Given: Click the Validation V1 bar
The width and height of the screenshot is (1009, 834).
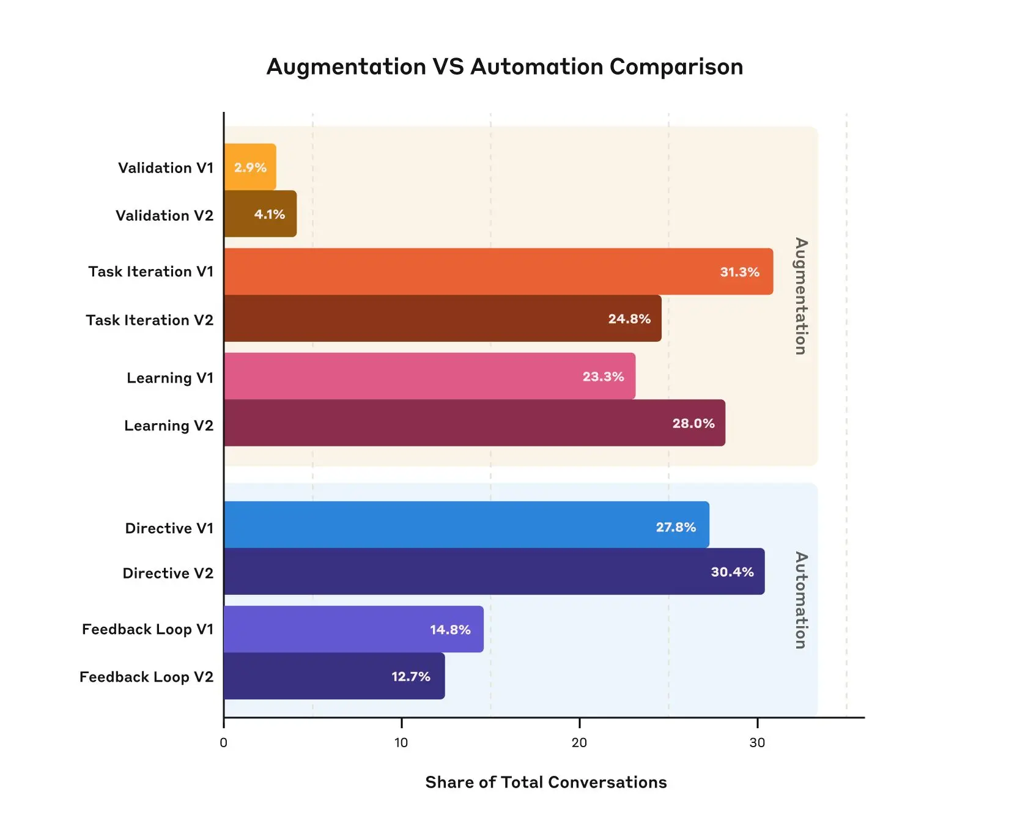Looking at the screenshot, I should [x=250, y=167].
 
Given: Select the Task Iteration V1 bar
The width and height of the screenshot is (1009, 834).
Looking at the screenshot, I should [x=498, y=271].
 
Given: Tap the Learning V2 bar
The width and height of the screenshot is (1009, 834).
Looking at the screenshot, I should [x=474, y=423].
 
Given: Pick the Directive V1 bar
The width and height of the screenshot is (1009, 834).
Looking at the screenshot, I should [x=466, y=525].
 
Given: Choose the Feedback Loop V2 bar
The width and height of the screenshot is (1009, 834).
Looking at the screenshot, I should [x=334, y=676].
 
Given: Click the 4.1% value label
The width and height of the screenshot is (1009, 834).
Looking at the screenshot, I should [x=270, y=215].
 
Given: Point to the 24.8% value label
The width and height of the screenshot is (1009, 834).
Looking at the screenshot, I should [x=629, y=319].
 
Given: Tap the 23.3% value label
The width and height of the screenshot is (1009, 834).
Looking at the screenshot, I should [x=603, y=377].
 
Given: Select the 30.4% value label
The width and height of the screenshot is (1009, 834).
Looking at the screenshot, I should [x=732, y=572].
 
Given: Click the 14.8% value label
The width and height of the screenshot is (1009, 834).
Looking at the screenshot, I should [x=450, y=630].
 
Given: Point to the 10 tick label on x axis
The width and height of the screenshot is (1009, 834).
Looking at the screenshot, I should [x=401, y=743].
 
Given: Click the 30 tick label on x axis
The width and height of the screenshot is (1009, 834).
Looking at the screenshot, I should [x=757, y=743].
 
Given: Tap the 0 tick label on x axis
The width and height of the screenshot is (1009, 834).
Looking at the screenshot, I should [x=223, y=743].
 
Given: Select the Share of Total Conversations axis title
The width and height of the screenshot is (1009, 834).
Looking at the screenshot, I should [x=545, y=783].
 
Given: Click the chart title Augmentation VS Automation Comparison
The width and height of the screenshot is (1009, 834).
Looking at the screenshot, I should [x=505, y=67].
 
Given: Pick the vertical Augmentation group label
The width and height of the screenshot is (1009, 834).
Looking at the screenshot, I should [x=800, y=296].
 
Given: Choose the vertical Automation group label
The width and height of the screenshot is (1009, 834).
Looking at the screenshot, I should [x=800, y=600].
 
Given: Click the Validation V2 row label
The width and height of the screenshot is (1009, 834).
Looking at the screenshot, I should [x=164, y=216].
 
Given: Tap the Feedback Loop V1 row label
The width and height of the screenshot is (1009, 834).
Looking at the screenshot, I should [x=147, y=630].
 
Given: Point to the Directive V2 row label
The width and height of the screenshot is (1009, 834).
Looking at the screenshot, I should [x=168, y=574].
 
